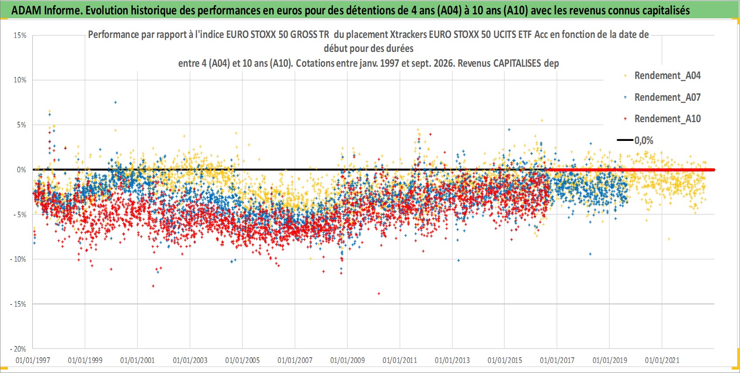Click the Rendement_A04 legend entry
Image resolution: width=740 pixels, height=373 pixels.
pyautogui.click(x=662, y=76)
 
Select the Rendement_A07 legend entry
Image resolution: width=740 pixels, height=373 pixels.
pyautogui.click(x=662, y=97)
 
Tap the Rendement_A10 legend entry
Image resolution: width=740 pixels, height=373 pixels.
pyautogui.click(x=662, y=119)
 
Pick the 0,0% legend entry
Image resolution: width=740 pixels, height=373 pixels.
pyautogui.click(x=635, y=140)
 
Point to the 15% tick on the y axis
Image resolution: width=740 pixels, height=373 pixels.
pyautogui.click(x=20, y=35)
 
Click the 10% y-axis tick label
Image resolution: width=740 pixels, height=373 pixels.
pyautogui.click(x=20, y=80)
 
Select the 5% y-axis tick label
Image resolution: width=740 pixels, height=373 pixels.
pyautogui.click(x=21, y=125)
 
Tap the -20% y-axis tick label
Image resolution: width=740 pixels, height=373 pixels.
pyautogui.click(x=18, y=349)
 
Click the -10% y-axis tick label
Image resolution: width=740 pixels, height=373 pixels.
pyautogui.click(x=18, y=259)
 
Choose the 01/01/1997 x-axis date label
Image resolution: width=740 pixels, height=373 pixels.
pyautogui.click(x=33, y=360)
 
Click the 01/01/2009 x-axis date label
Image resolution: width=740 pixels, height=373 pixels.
pyautogui.click(x=347, y=360)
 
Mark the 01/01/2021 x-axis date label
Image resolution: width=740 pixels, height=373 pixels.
pyautogui.click(x=662, y=360)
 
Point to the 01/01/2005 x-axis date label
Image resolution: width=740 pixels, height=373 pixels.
pyautogui.click(x=242, y=360)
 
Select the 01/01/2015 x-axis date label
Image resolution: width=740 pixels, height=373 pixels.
pyautogui.click(x=505, y=360)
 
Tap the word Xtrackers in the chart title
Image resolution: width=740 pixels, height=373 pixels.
pyautogui.click(x=407, y=34)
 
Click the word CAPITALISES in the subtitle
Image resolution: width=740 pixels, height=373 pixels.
pyautogui.click(x=517, y=63)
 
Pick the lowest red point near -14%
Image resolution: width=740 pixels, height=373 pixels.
pyautogui.click(x=379, y=294)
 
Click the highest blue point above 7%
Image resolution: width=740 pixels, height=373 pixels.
pyautogui.click(x=115, y=103)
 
